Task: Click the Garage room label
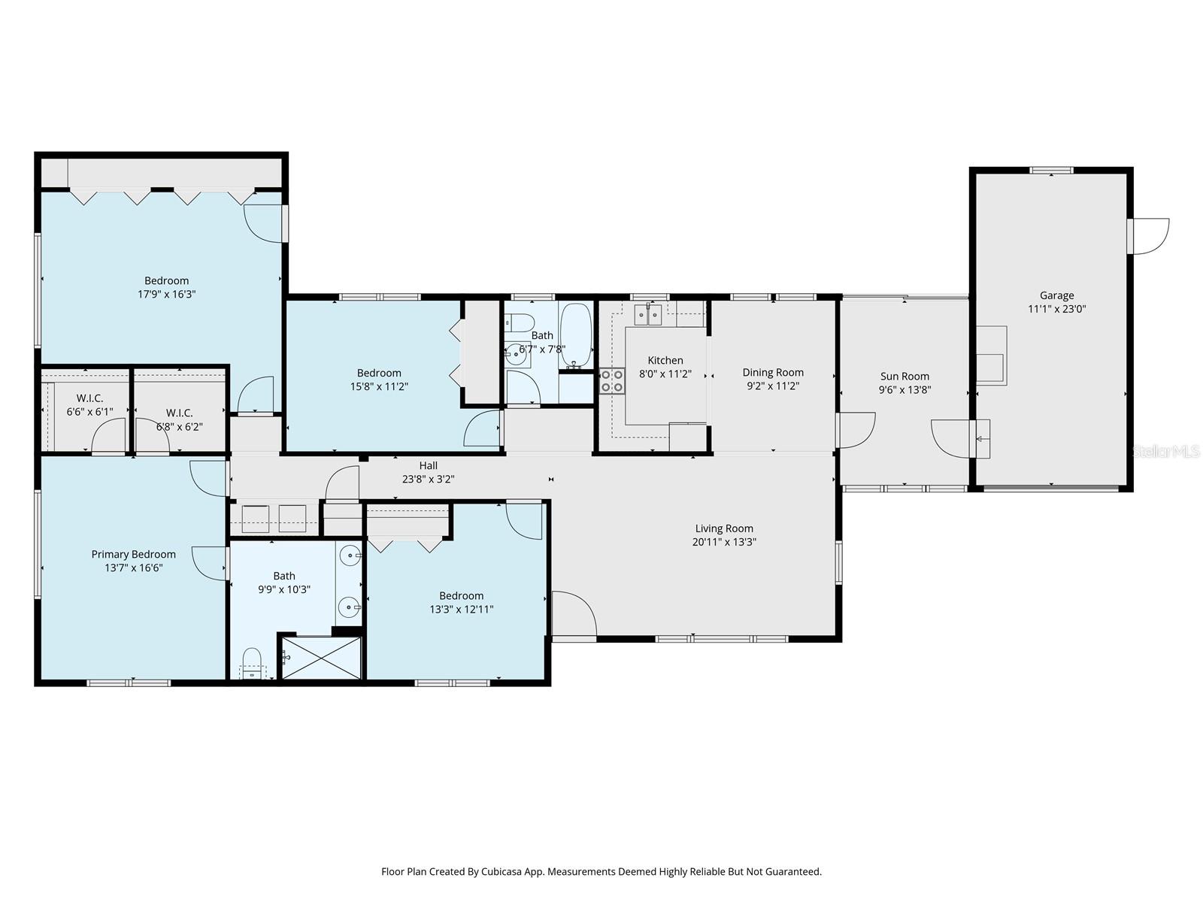click(x=1056, y=295)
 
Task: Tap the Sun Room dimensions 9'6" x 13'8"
click(x=905, y=390)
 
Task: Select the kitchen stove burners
click(x=611, y=380)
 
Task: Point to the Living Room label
click(x=724, y=528)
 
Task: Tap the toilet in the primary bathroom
click(x=252, y=663)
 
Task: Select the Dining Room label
click(x=773, y=372)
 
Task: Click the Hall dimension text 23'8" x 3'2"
click(x=428, y=479)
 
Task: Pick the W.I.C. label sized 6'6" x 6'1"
click(x=89, y=412)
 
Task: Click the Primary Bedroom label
click(x=134, y=554)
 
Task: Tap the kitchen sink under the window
click(x=647, y=314)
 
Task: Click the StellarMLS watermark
click(x=1165, y=451)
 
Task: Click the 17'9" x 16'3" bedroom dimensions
click(x=167, y=295)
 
